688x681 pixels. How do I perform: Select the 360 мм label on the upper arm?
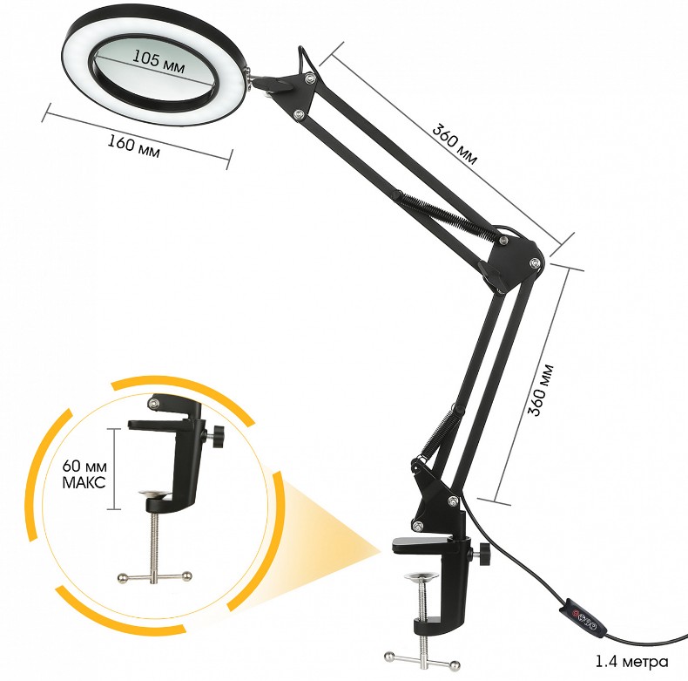point(455,143)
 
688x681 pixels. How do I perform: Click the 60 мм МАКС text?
point(86,472)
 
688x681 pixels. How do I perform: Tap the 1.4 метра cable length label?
point(632,660)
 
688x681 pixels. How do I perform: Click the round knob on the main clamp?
point(482,555)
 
